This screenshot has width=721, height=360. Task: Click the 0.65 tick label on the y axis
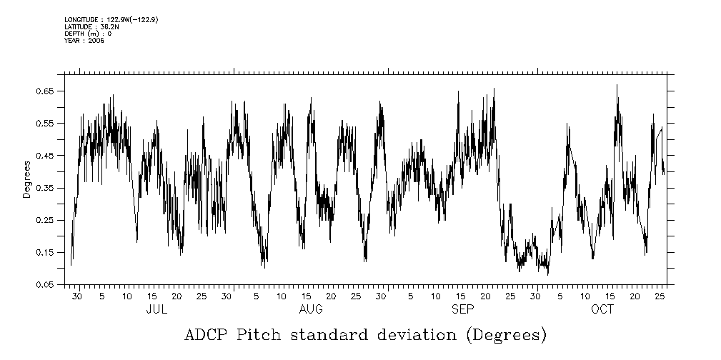pos(46,91)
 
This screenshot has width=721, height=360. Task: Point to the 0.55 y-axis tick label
pos(46,124)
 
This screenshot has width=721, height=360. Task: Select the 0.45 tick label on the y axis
pos(46,156)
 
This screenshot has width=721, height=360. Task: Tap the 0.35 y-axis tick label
pos(46,188)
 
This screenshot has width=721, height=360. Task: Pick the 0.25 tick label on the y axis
pos(46,220)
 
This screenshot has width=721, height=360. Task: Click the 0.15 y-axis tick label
pos(46,252)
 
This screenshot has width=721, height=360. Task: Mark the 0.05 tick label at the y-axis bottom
pos(46,284)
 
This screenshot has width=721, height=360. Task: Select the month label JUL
pos(156,309)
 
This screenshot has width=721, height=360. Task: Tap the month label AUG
pos(310,309)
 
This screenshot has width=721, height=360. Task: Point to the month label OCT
pos(602,309)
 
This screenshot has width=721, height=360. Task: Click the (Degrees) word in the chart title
pos(505,335)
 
